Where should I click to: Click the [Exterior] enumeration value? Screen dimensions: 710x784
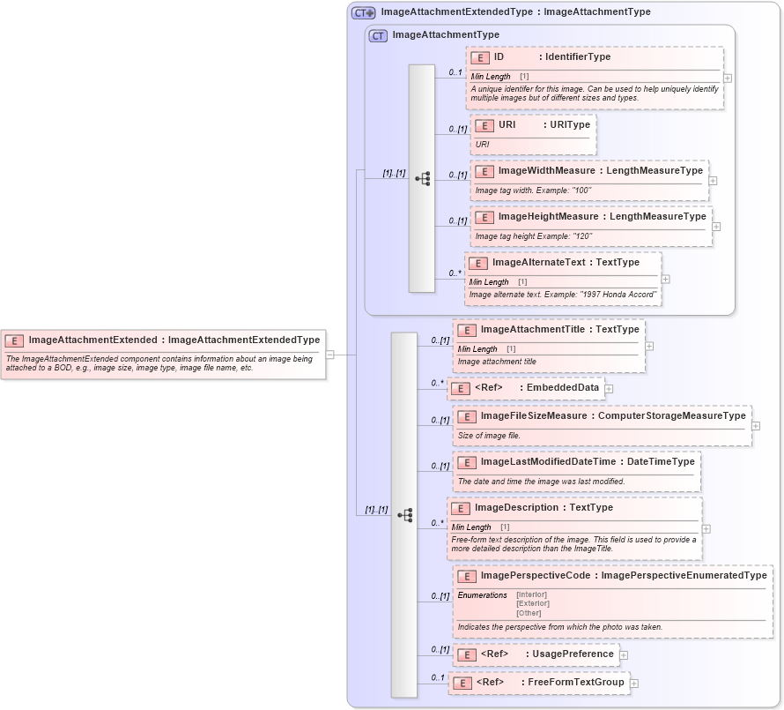coord(532,603)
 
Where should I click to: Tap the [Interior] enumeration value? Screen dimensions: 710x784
coord(531,594)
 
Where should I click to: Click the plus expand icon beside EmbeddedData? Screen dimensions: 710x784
coord(609,388)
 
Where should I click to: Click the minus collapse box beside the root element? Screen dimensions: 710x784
coord(330,355)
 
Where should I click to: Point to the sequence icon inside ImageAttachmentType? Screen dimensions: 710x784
coord(422,178)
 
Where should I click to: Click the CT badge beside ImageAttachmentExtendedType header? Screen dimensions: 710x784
coord(363,12)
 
